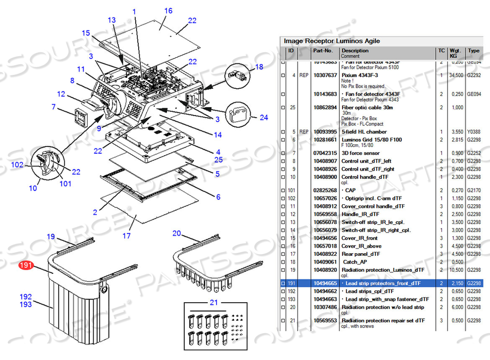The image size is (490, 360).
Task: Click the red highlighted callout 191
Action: point(26,266)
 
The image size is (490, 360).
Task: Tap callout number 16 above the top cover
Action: point(168,11)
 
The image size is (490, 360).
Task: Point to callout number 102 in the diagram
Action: point(18,165)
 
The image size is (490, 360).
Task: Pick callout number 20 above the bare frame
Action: point(177,233)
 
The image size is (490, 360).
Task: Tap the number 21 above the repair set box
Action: point(214,302)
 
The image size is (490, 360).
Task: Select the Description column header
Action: point(355,51)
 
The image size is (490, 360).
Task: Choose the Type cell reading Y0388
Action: point(473,132)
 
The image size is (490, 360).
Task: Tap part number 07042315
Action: point(325,153)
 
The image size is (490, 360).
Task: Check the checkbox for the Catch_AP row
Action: point(282,262)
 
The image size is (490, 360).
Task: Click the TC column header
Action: point(441,51)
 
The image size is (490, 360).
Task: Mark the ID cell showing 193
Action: point(292,299)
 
